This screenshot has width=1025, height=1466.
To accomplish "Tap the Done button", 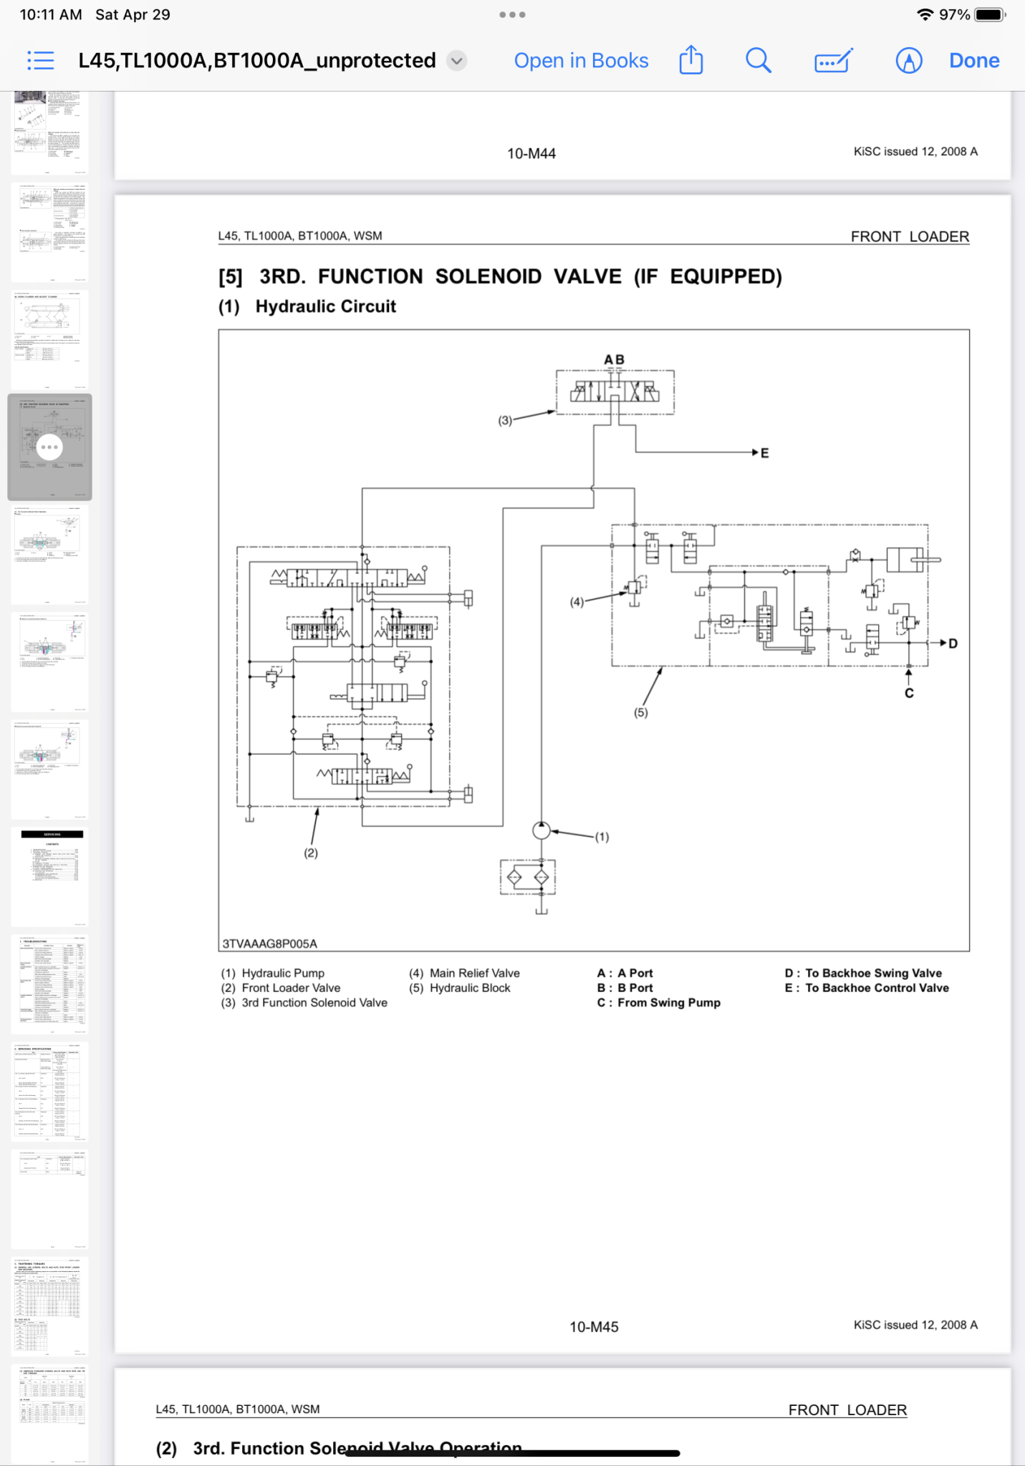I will (973, 61).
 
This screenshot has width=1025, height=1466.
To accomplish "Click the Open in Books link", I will (581, 61).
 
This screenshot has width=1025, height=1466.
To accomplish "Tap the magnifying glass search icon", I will (758, 61).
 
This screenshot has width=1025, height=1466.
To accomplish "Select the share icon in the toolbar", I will (690, 60).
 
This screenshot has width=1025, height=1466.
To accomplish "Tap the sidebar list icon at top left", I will (41, 61).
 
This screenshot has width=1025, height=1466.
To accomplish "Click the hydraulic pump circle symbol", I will (542, 830).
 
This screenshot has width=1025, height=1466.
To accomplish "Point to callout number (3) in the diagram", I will (505, 421).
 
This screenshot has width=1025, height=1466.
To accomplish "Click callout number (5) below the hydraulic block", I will (640, 712).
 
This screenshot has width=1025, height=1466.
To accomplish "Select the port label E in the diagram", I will (765, 453).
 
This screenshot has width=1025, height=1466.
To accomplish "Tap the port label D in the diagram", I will (953, 644).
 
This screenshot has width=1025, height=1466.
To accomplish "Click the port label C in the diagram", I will (909, 693).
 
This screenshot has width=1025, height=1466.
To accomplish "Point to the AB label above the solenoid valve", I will (614, 359).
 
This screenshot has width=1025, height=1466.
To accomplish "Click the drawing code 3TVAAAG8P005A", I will (269, 943).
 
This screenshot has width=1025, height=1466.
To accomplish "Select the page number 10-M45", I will (594, 1326).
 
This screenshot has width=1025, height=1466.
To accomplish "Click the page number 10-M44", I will (531, 153).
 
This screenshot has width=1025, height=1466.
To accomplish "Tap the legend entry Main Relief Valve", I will (474, 973).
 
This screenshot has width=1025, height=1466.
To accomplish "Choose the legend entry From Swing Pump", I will (668, 1003).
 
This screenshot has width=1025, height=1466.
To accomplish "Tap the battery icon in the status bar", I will (990, 14).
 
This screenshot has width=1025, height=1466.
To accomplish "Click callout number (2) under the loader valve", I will (311, 853).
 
